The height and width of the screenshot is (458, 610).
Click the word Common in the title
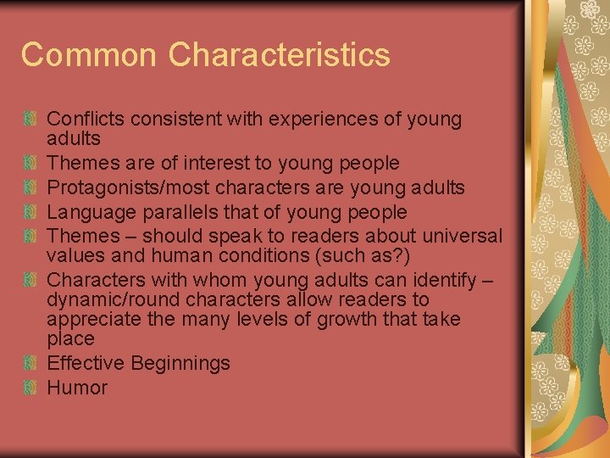click(89, 55)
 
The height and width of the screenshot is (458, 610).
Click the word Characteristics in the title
click(279, 55)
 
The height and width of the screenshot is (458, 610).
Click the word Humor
click(77, 388)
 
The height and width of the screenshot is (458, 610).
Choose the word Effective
click(83, 363)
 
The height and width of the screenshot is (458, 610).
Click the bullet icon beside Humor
click(30, 388)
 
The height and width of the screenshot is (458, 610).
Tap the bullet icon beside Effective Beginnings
click(30, 363)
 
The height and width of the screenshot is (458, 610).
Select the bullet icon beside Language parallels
click(30, 212)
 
